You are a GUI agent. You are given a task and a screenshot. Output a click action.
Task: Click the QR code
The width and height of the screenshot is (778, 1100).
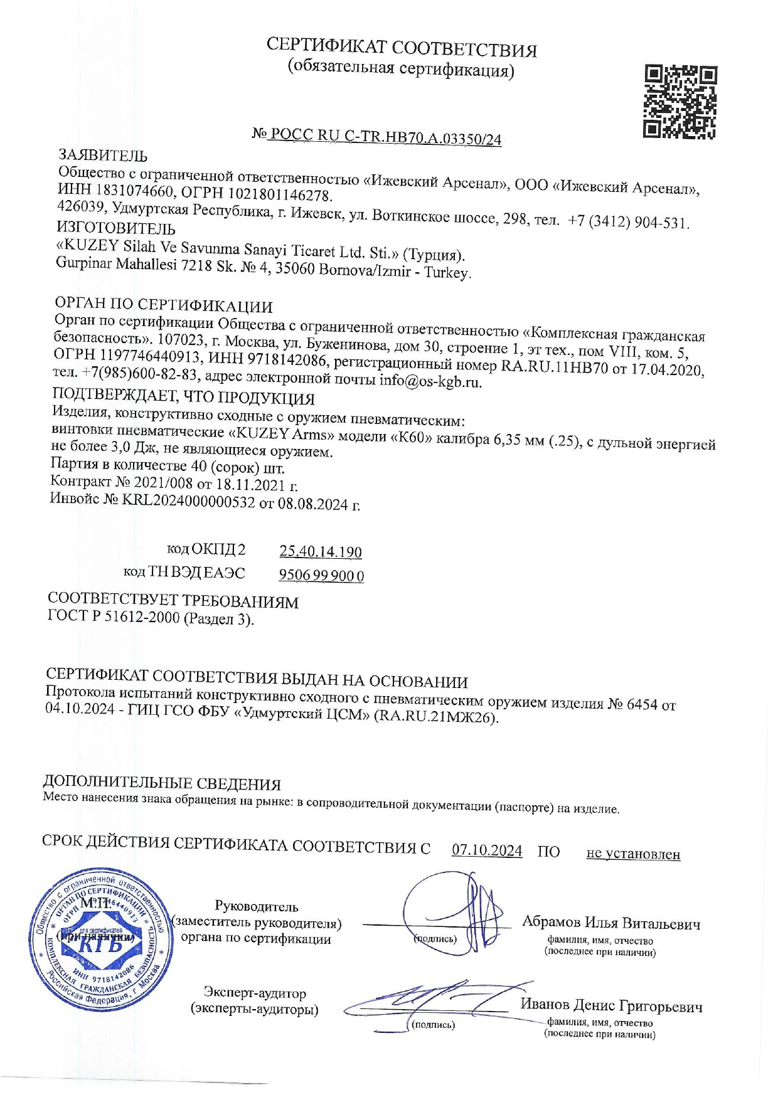coord(680,101)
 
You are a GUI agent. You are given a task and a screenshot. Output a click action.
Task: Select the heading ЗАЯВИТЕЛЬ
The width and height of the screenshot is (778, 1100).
coord(103,155)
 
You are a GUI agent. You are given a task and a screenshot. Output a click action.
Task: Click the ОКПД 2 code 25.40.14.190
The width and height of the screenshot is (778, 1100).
coord(321,551)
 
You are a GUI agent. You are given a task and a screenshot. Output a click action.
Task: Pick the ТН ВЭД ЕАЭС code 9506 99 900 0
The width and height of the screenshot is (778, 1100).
coord(321,575)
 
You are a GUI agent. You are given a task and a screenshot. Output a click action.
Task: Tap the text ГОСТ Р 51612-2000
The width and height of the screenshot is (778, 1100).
coord(114,616)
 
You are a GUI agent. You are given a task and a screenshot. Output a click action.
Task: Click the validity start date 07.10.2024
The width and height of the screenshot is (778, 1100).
coord(487,850)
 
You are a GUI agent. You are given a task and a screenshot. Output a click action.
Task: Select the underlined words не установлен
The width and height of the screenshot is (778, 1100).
coord(632,854)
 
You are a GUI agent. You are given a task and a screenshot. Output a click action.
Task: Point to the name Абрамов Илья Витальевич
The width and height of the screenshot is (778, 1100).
coord(611,923)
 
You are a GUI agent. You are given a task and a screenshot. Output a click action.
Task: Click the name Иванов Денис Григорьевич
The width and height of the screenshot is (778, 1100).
coord(611,1006)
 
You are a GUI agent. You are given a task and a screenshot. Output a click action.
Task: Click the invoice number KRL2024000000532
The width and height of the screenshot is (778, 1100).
coord(188,501)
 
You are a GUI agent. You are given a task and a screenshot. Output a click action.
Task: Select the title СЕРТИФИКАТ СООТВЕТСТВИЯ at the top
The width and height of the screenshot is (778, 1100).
coord(402,47)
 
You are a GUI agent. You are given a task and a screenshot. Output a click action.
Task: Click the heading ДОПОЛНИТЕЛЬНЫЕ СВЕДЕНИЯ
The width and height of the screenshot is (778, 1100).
coord(161,783)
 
